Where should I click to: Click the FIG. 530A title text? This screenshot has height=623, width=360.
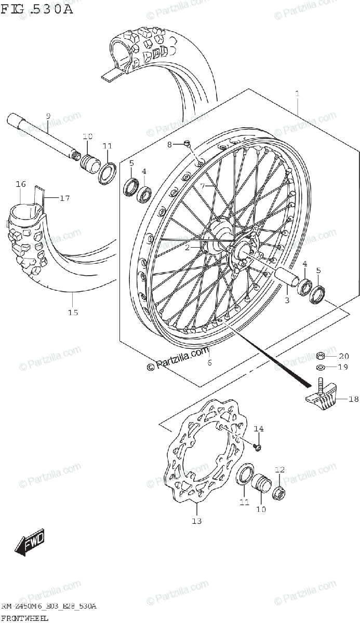(x=37, y=9)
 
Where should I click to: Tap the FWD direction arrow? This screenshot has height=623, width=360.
(x=30, y=543)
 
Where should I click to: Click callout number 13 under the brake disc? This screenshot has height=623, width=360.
(x=197, y=521)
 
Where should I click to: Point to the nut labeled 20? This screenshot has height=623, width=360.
(x=321, y=356)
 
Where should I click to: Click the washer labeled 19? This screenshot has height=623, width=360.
(x=321, y=368)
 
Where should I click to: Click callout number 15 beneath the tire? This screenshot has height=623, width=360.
(x=72, y=312)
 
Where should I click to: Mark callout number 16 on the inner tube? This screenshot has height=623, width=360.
(x=21, y=184)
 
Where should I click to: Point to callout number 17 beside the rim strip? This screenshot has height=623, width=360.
(x=64, y=198)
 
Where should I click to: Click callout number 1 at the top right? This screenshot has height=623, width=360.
(x=297, y=94)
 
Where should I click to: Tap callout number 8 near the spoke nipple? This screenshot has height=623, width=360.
(x=169, y=144)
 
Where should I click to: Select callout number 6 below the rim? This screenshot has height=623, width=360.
(x=209, y=362)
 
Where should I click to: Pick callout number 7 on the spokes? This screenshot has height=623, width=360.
(x=203, y=185)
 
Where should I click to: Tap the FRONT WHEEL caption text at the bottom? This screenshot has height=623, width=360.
(x=25, y=618)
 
